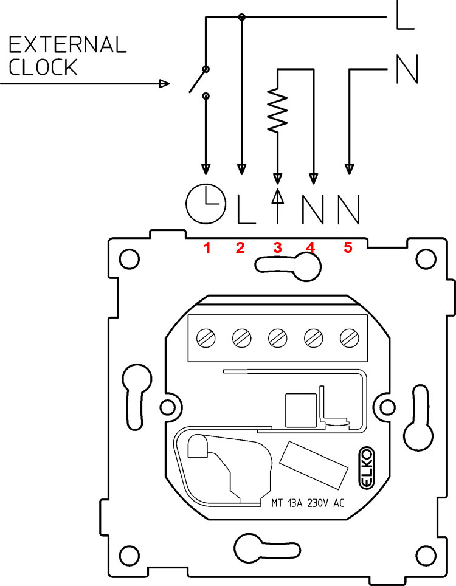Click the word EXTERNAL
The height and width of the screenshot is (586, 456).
67,44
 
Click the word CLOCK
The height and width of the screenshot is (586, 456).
43,67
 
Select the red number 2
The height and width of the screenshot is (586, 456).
241,247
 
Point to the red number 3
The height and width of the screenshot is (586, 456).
278,247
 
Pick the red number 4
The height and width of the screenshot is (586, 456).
311,247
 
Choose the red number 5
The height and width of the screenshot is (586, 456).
348,247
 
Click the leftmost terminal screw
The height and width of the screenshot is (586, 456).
207,336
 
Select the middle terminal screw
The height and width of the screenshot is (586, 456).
278,336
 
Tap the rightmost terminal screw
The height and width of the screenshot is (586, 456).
348,336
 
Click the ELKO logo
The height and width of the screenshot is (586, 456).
367,468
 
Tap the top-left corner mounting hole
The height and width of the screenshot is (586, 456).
127,258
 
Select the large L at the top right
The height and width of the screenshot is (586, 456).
405,16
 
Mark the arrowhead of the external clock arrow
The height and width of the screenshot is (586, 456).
164,84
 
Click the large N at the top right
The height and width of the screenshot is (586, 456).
406,69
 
